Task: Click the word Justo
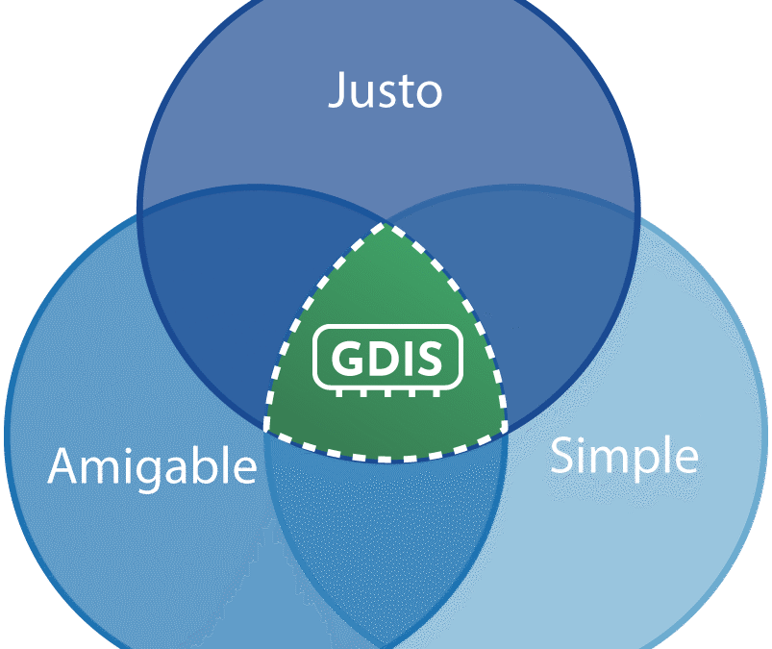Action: click(385, 90)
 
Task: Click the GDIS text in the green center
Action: click(386, 358)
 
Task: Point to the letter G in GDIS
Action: click(347, 358)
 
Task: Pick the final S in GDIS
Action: click(430, 358)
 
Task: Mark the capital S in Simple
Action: click(560, 455)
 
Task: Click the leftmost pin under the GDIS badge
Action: click(339, 393)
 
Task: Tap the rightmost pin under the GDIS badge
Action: click(436, 393)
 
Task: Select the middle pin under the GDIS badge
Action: click(388, 393)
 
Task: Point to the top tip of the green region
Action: click(386, 225)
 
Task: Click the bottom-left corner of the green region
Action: click(266, 429)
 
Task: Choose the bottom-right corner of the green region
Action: click(505, 428)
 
